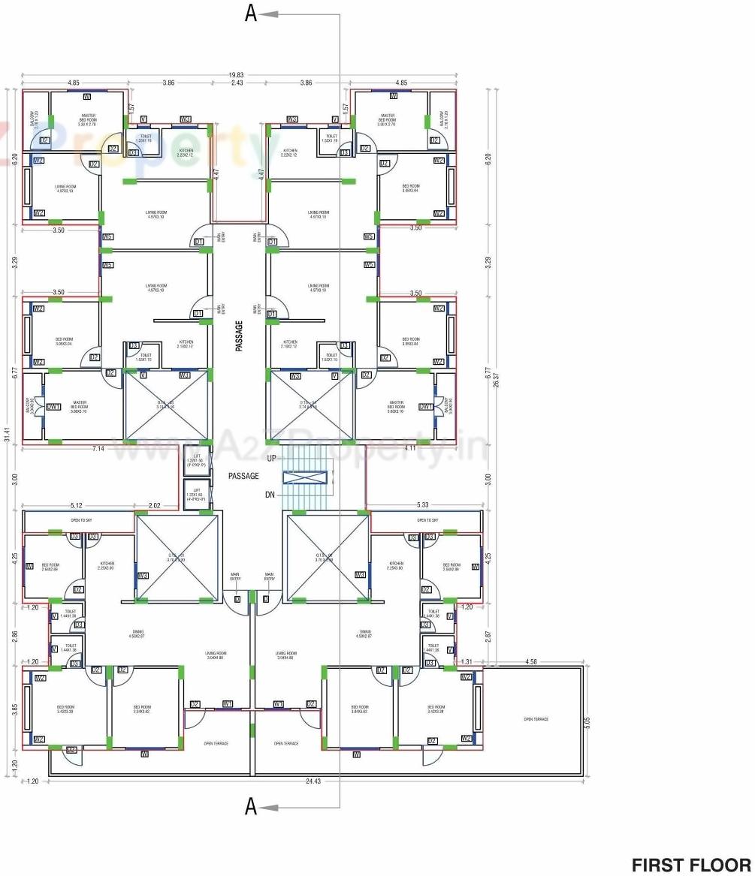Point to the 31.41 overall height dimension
tap(7, 435)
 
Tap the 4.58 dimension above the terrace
tap(531, 661)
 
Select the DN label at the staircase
tap(270, 495)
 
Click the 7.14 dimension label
tap(98, 448)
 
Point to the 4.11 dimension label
tap(411, 448)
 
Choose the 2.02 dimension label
tap(156, 506)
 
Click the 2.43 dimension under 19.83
tap(237, 83)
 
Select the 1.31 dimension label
tap(466, 661)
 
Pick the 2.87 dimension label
tap(488, 634)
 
